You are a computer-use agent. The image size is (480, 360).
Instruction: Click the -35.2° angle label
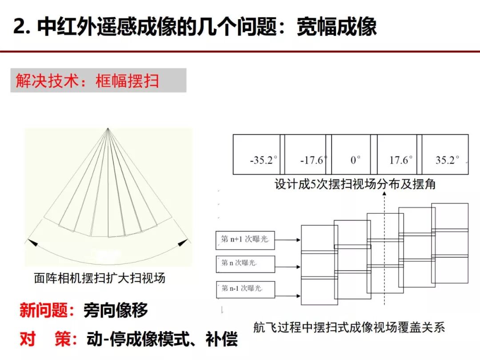pyautogui.click(x=264, y=160)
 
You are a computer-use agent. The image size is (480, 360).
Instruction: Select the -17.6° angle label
pyautogui.click(x=314, y=160)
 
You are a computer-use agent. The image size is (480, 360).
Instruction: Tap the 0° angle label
pyautogui.click(x=355, y=160)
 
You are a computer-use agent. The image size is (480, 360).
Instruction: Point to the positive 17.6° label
pyautogui.click(x=401, y=160)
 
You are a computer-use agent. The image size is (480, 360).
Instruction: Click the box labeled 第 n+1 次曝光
pyautogui.click(x=245, y=240)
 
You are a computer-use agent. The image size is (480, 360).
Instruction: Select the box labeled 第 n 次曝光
pyautogui.click(x=245, y=264)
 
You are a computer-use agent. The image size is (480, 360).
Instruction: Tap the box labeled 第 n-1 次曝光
pyautogui.click(x=245, y=289)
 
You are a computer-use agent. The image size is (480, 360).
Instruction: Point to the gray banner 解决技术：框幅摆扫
pyautogui.click(x=98, y=80)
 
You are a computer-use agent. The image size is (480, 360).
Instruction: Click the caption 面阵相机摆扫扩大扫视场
pyautogui.click(x=100, y=278)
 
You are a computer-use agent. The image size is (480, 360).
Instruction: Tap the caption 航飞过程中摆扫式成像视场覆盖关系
pyautogui.click(x=349, y=328)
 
